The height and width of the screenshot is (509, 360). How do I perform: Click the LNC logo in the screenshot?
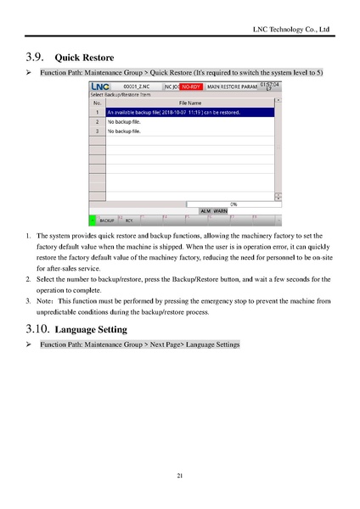pyautogui.click(x=99, y=87)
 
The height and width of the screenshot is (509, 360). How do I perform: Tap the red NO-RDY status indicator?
pyautogui.click(x=190, y=87)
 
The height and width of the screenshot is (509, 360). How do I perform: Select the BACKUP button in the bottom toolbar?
pyautogui.click(x=107, y=219)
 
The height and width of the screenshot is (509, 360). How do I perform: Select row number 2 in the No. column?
pyautogui.click(x=98, y=122)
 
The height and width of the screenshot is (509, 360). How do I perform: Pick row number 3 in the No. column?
pyautogui.click(x=98, y=131)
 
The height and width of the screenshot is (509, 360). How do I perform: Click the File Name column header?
pyautogui.click(x=189, y=102)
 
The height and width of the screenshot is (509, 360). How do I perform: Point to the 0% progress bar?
pyautogui.click(x=233, y=204)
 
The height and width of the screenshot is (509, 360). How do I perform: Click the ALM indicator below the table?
pyautogui.click(x=205, y=210)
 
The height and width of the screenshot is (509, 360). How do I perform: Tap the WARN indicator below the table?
pyautogui.click(x=220, y=210)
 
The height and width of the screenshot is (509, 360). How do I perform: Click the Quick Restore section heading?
pyautogui.click(x=84, y=59)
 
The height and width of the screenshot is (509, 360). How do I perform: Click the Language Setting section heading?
pyautogui.click(x=90, y=328)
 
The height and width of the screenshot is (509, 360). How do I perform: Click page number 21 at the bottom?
pyautogui.click(x=180, y=475)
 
